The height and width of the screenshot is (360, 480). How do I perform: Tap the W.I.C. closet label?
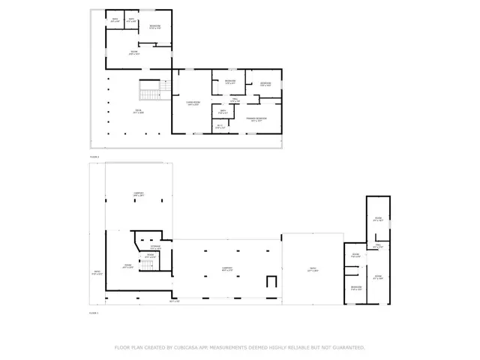[x=219, y=127]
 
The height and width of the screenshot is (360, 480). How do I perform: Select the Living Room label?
[x=193, y=103]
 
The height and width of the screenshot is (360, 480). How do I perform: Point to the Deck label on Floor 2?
[x=139, y=112]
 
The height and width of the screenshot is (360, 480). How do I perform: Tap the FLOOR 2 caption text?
[x=94, y=156]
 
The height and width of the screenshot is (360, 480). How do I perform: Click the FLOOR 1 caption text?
[x=94, y=312]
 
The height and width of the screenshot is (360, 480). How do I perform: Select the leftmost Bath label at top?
[x=115, y=19]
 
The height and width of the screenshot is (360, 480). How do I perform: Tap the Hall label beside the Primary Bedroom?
[x=234, y=99]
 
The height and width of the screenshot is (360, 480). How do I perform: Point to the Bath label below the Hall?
[x=223, y=111]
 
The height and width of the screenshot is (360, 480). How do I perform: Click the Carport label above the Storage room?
[x=139, y=193]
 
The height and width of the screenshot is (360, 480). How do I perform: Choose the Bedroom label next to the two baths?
[x=154, y=26]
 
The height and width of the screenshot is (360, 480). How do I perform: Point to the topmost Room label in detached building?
[x=378, y=219]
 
